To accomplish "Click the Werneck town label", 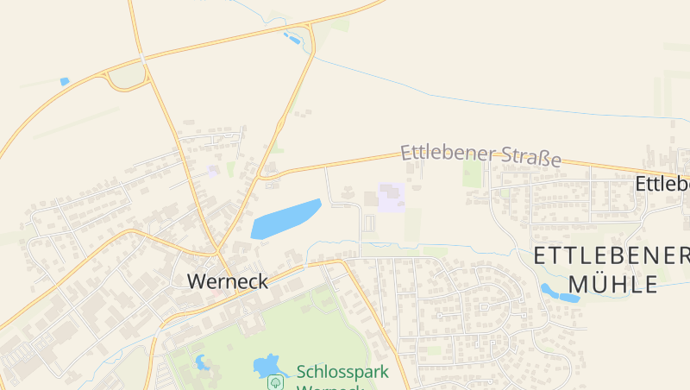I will click(228, 281).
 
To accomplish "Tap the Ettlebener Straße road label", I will click(480, 155).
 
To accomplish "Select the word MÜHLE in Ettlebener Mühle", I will click(613, 283).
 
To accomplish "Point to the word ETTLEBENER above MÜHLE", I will click(611, 255).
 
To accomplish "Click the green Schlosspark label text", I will click(342, 372).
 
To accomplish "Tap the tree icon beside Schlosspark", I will click(276, 381).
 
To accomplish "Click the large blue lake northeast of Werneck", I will click(285, 219).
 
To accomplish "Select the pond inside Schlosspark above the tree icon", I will click(268, 365).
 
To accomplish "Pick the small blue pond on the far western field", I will click(64, 82).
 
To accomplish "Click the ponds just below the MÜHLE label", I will click(558, 293).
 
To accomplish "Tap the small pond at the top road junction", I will click(292, 38).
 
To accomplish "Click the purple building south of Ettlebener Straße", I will click(391, 196).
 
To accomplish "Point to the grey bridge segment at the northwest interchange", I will click(141, 60).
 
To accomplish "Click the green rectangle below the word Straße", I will click(471, 173).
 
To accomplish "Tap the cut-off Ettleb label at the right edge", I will click(662, 184).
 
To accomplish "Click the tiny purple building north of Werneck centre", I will click(212, 171).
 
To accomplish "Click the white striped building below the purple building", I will click(371, 223).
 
